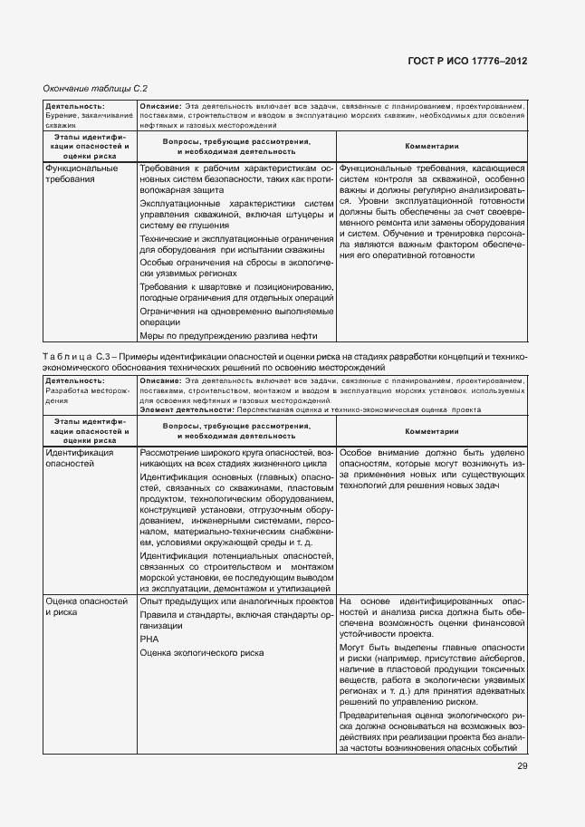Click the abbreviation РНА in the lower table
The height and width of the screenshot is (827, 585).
[150, 639]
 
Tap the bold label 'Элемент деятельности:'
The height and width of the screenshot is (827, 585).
[185, 409]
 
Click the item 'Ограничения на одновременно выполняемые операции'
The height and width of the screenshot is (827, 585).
[237, 315]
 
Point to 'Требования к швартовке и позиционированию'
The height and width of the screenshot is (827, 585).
[237, 285]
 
